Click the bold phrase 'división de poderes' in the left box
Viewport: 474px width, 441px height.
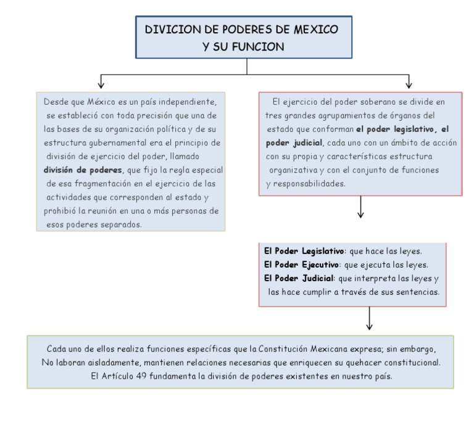tap(83, 170)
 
